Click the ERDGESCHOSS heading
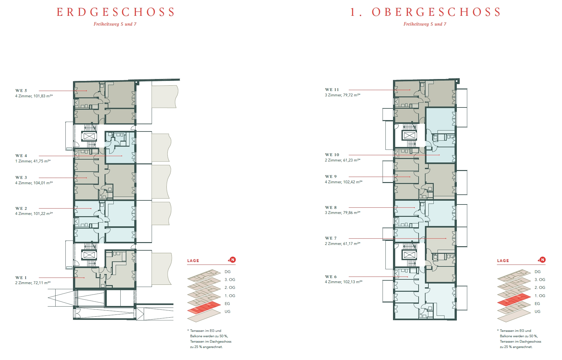[x=116, y=12]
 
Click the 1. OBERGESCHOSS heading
[x=426, y=12]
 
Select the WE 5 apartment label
[x=21, y=90]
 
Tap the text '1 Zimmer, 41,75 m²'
[x=33, y=161]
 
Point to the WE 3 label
[x=21, y=178]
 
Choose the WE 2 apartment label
[x=21, y=209]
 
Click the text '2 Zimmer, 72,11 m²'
[x=33, y=283]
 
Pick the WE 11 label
[x=332, y=90]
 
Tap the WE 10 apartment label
[x=332, y=155]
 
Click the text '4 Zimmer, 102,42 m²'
[x=344, y=182]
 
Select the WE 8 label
[x=331, y=208]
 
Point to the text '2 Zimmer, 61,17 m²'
[x=343, y=244]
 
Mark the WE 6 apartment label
[x=331, y=277]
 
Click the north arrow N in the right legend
[x=542, y=260]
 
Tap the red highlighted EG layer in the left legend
[x=204, y=307]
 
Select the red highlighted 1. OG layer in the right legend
[x=514, y=299]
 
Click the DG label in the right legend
[x=538, y=272]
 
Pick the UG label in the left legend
[x=228, y=312]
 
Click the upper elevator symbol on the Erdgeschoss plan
[x=89, y=137]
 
